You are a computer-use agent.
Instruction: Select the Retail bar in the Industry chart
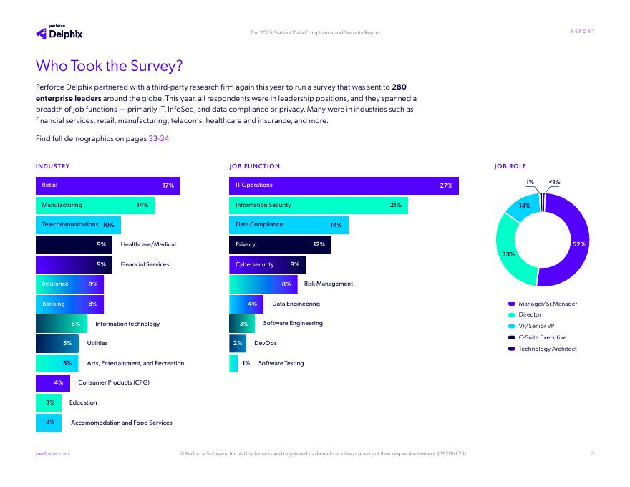(107, 185)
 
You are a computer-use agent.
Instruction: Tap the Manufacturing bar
(94, 206)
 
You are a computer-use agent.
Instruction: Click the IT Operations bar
(344, 185)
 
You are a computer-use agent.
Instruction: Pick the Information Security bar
(318, 206)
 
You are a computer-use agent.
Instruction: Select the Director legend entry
(529, 315)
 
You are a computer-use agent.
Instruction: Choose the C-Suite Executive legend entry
(541, 338)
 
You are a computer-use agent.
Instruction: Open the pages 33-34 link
(158, 139)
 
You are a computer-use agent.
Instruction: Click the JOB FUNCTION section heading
(254, 166)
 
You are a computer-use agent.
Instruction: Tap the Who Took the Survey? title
(109, 66)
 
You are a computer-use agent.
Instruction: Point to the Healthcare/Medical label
(148, 245)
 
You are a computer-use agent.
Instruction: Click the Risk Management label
(329, 284)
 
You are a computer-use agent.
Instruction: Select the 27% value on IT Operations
(446, 185)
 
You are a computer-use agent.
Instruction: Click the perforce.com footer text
(52, 453)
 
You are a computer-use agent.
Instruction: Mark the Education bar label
(83, 403)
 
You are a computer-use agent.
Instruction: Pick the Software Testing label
(281, 364)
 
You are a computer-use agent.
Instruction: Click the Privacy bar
(280, 245)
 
